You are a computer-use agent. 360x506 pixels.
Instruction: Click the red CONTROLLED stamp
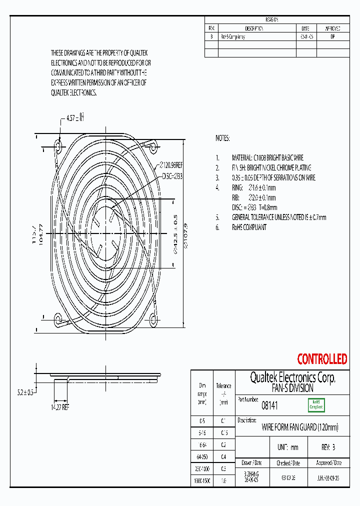(322, 359)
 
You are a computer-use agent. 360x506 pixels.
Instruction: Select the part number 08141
(269, 406)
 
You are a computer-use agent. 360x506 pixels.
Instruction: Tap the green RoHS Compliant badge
(315, 404)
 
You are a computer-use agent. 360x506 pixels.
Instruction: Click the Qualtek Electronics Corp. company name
(292, 377)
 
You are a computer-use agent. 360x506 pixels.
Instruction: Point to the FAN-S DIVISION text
(292, 388)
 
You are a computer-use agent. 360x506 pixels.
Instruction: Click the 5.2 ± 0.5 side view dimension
(24, 393)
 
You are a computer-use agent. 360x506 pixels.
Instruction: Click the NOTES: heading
(222, 138)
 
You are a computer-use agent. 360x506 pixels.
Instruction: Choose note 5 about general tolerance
(278, 217)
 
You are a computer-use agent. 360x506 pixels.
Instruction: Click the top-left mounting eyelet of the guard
(58, 146)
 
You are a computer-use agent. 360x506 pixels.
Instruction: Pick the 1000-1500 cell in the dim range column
(202, 480)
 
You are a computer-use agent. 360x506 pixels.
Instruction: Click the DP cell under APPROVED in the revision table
(333, 36)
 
